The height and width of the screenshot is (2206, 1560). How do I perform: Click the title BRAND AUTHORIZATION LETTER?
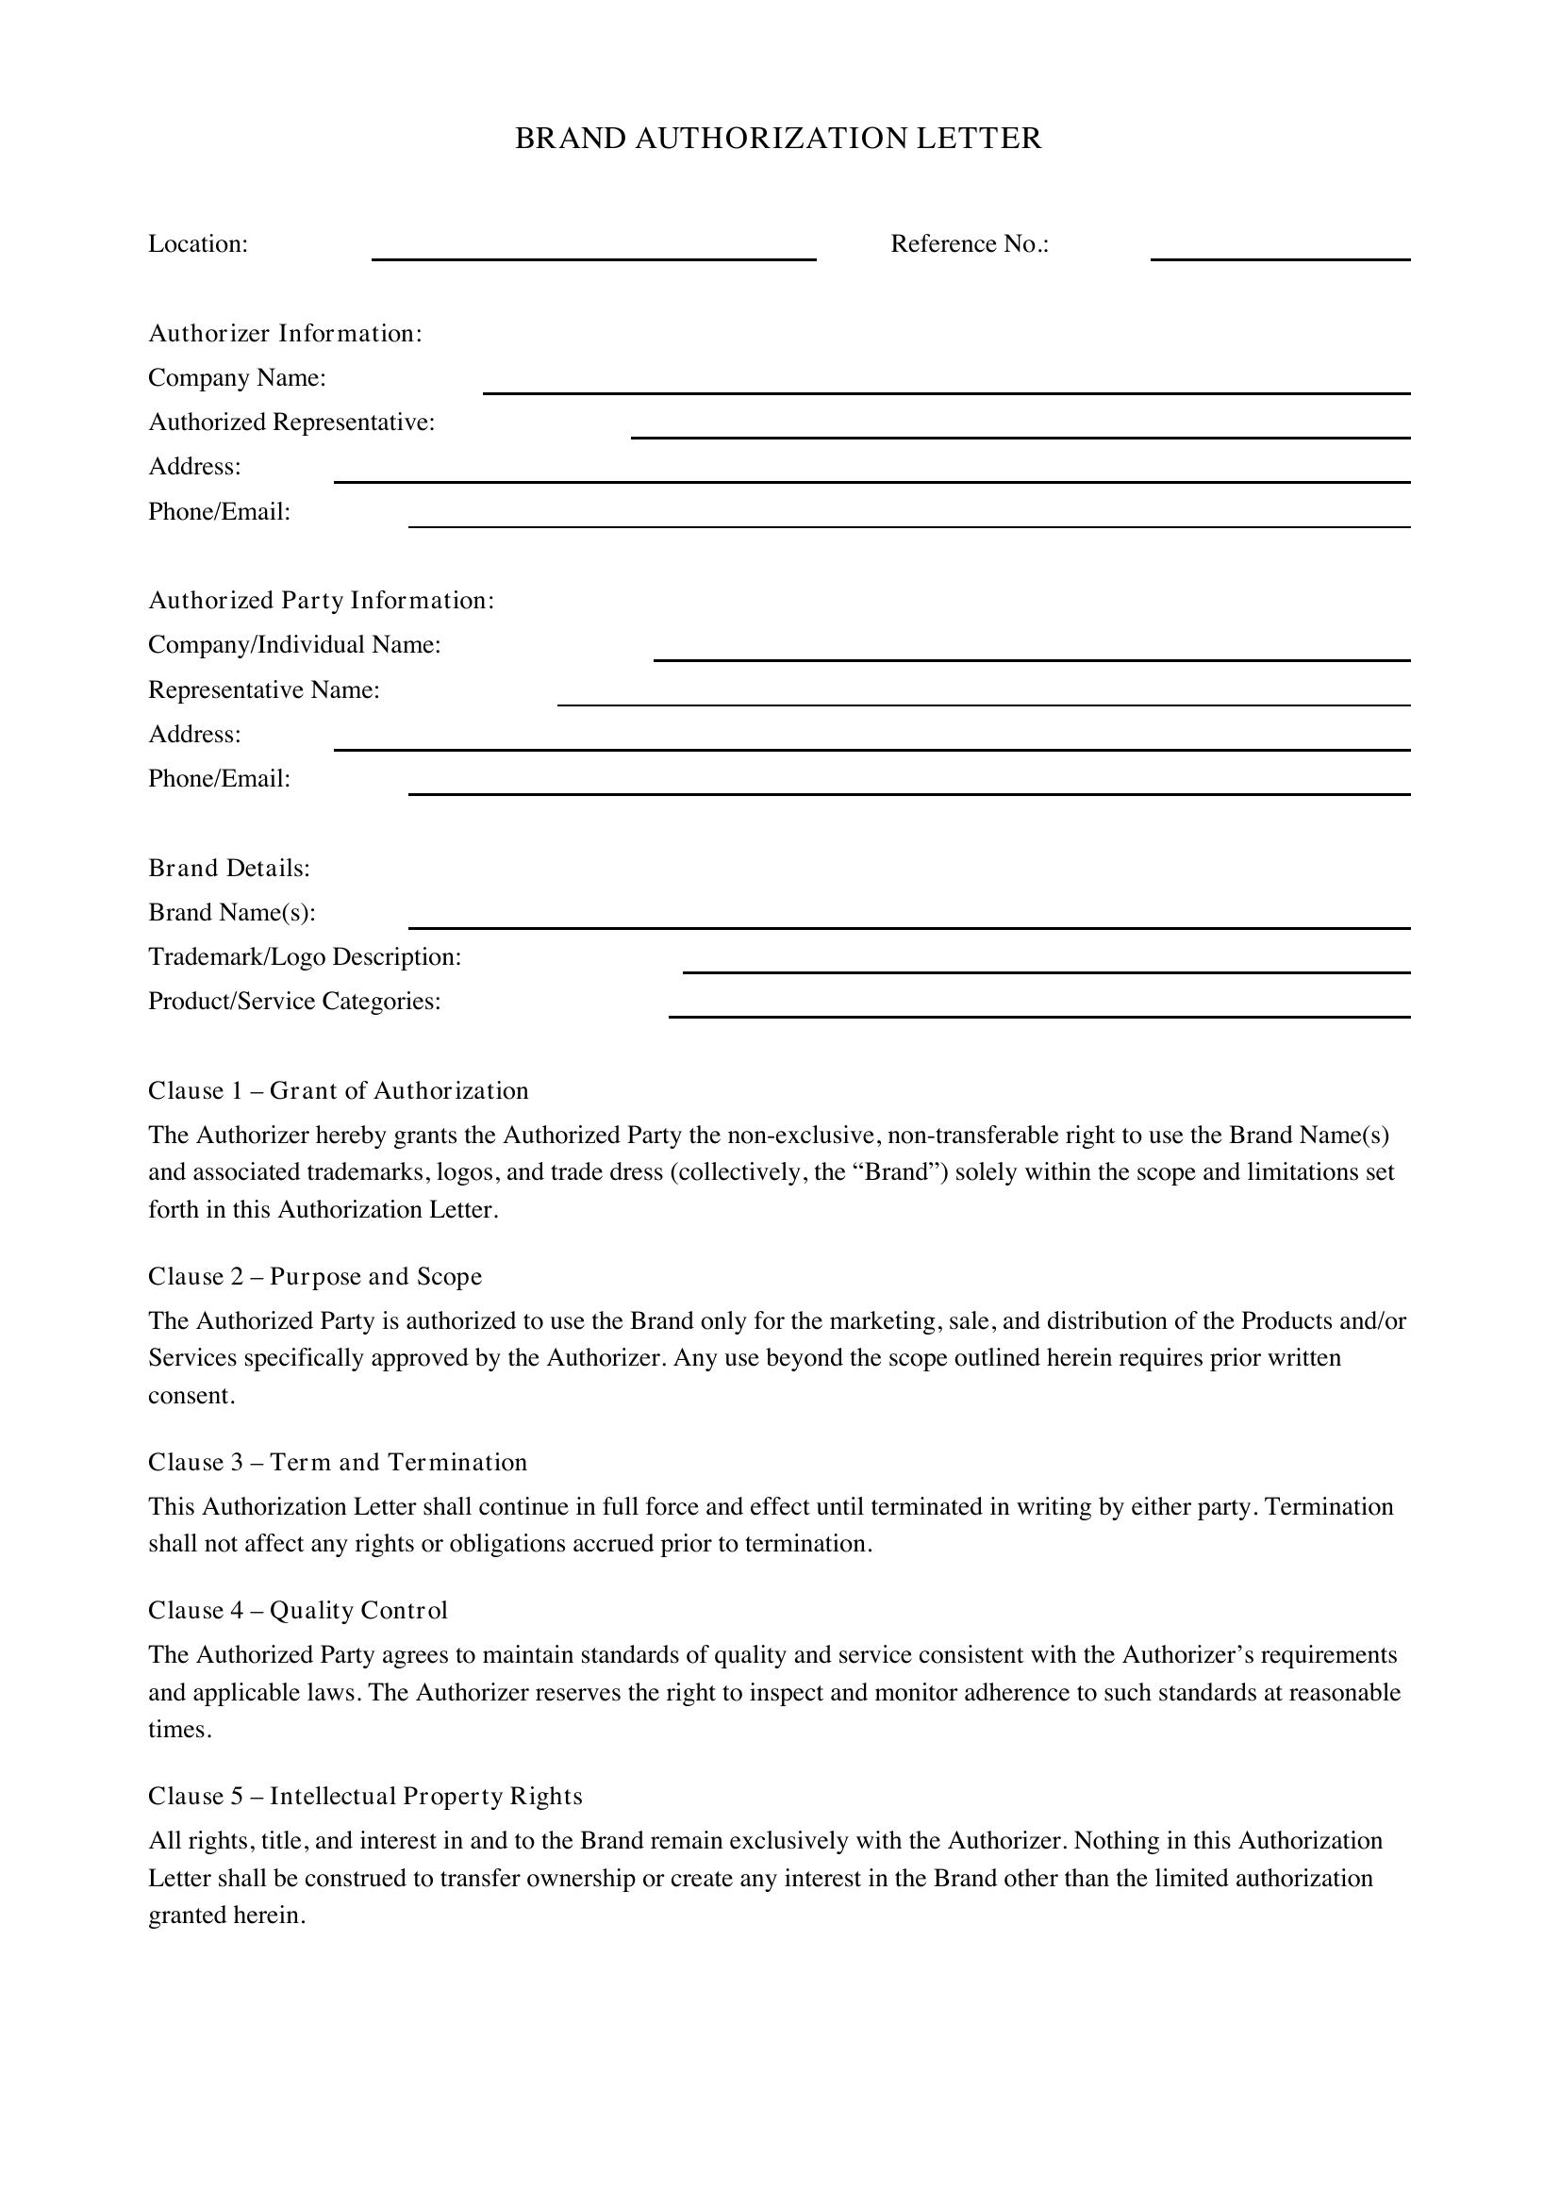(778, 139)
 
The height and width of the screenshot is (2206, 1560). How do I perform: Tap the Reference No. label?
(970, 244)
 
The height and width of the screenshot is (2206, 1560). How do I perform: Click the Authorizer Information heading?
(285, 333)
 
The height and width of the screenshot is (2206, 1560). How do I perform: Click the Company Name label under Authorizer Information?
(238, 377)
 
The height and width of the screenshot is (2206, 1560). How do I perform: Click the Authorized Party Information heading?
(321, 601)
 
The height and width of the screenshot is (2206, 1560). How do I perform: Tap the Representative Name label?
(264, 689)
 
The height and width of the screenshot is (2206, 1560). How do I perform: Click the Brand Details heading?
(228, 869)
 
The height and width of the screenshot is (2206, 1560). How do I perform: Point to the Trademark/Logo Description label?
(305, 957)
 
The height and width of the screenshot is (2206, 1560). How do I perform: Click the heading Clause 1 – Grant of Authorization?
(339, 1090)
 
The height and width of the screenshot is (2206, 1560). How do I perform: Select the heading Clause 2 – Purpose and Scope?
(315, 1277)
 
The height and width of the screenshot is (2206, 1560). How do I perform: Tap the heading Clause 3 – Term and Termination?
(337, 1463)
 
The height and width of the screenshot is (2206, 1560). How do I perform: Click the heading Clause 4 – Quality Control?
(298, 1610)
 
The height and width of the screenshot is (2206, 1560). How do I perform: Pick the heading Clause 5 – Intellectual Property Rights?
(365, 1797)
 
